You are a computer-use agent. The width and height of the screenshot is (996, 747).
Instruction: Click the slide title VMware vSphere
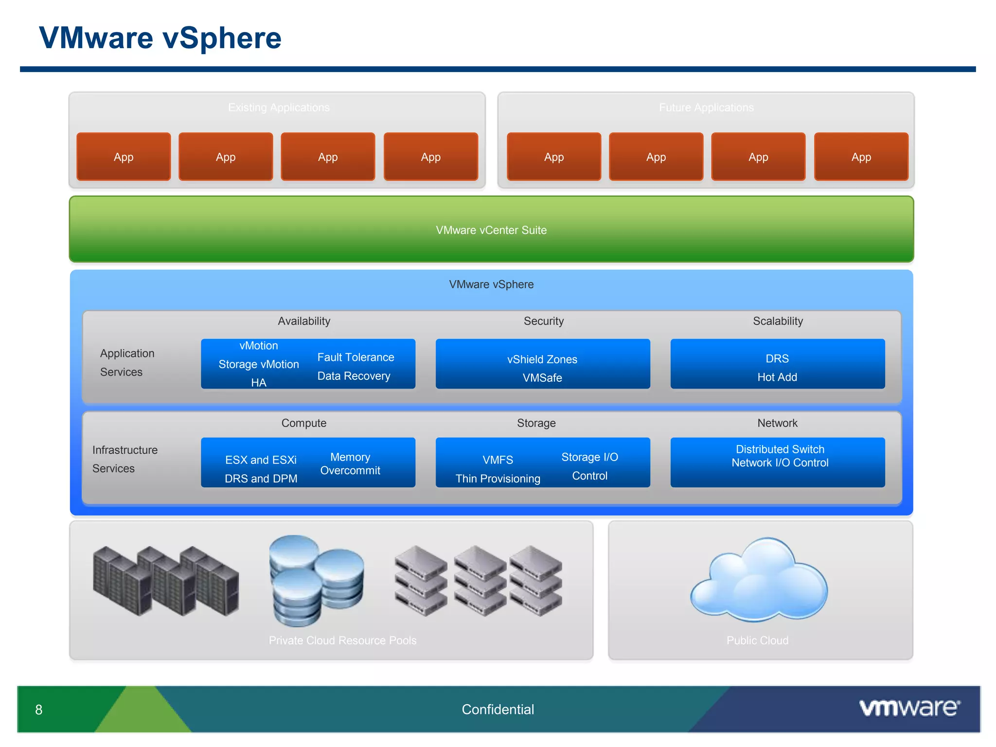point(160,38)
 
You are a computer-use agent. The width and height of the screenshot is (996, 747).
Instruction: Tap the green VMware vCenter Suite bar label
point(491,230)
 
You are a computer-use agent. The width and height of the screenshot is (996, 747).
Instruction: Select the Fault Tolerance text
point(356,357)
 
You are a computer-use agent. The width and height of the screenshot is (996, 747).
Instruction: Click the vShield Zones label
point(542,359)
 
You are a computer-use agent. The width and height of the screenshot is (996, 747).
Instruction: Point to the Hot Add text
point(777,377)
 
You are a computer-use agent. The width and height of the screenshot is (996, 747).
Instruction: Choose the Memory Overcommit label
point(350,463)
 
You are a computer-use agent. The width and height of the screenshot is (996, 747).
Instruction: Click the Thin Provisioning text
point(498,479)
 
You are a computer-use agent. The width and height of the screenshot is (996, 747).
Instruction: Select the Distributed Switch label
point(780,449)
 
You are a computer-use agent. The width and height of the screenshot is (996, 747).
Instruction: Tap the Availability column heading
point(304,321)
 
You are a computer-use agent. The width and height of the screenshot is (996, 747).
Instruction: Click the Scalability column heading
point(778,321)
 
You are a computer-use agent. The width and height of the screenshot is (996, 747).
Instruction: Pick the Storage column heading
point(536,423)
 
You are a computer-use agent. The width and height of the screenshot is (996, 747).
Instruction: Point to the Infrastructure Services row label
point(124,459)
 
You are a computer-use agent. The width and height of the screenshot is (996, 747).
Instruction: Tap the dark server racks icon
point(165,581)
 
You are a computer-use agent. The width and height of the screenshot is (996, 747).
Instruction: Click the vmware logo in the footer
point(909,708)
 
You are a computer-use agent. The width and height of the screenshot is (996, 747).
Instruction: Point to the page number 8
point(39,710)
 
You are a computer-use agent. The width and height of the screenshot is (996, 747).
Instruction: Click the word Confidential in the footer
point(498,710)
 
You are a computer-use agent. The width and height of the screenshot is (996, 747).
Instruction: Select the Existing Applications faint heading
point(279,107)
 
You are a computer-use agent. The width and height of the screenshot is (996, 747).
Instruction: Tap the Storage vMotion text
point(258,364)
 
